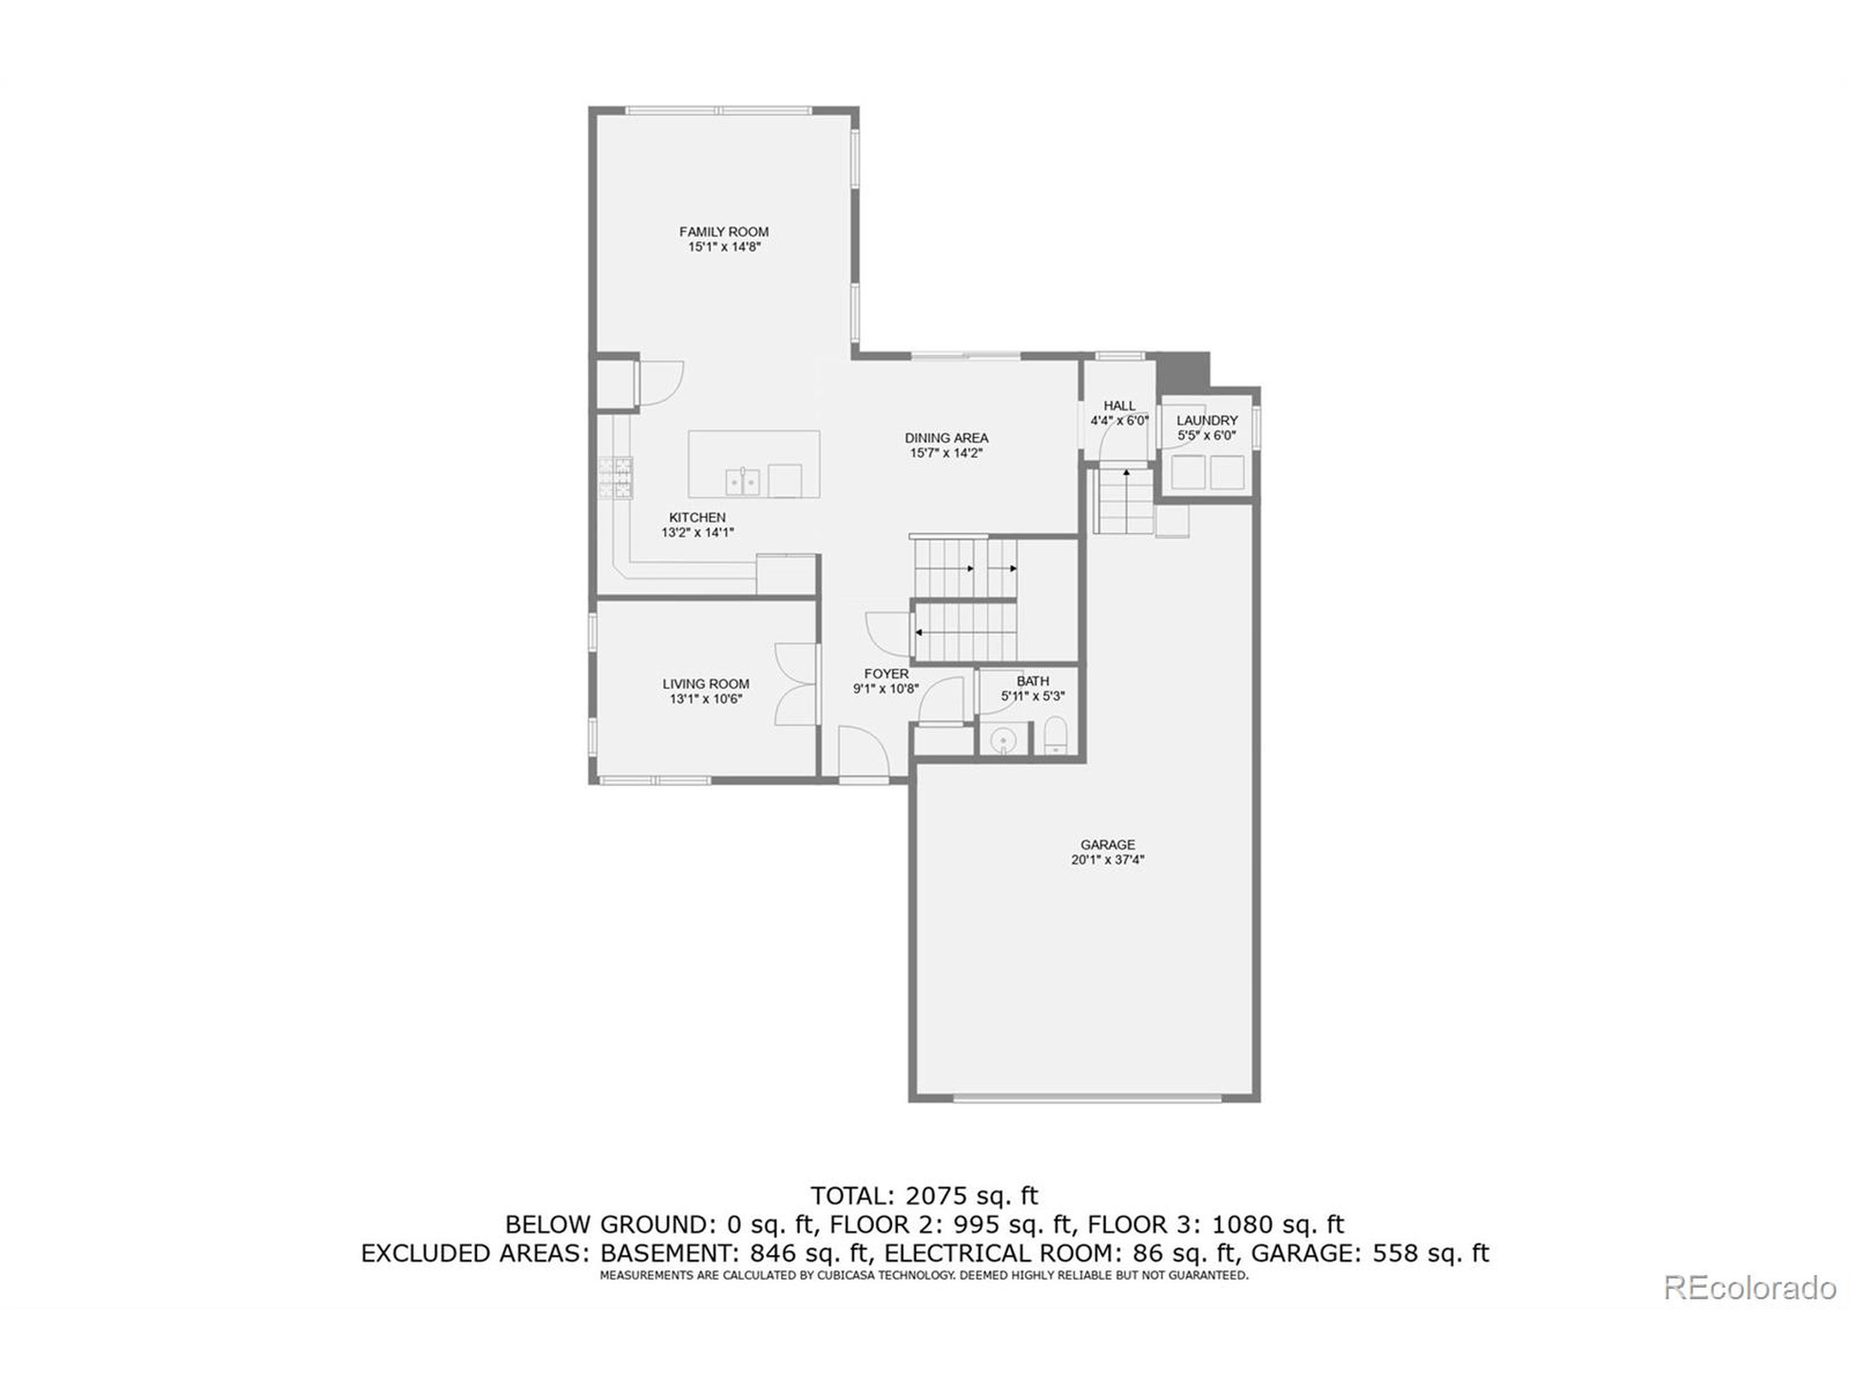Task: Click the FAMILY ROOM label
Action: coord(723,232)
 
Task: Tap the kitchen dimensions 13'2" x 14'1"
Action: coord(697,532)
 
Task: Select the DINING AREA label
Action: coord(946,437)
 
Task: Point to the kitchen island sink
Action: coord(742,483)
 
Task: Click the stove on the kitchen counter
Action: coord(615,478)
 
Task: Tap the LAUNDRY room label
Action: coord(1206,420)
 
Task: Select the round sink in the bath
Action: coord(1003,740)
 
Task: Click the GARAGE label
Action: coord(1107,844)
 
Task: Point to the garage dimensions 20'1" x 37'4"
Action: coord(1107,860)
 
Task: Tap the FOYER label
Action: coord(886,674)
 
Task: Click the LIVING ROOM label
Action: coord(706,684)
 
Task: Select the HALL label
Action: coord(1120,405)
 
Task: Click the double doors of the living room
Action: coord(796,684)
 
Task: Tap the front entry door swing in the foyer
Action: coord(862,751)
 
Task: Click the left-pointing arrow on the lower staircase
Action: coord(919,633)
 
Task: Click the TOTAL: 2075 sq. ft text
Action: coord(924,1195)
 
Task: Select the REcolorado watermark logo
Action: coord(1749,1287)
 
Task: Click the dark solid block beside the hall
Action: coord(1184,371)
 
